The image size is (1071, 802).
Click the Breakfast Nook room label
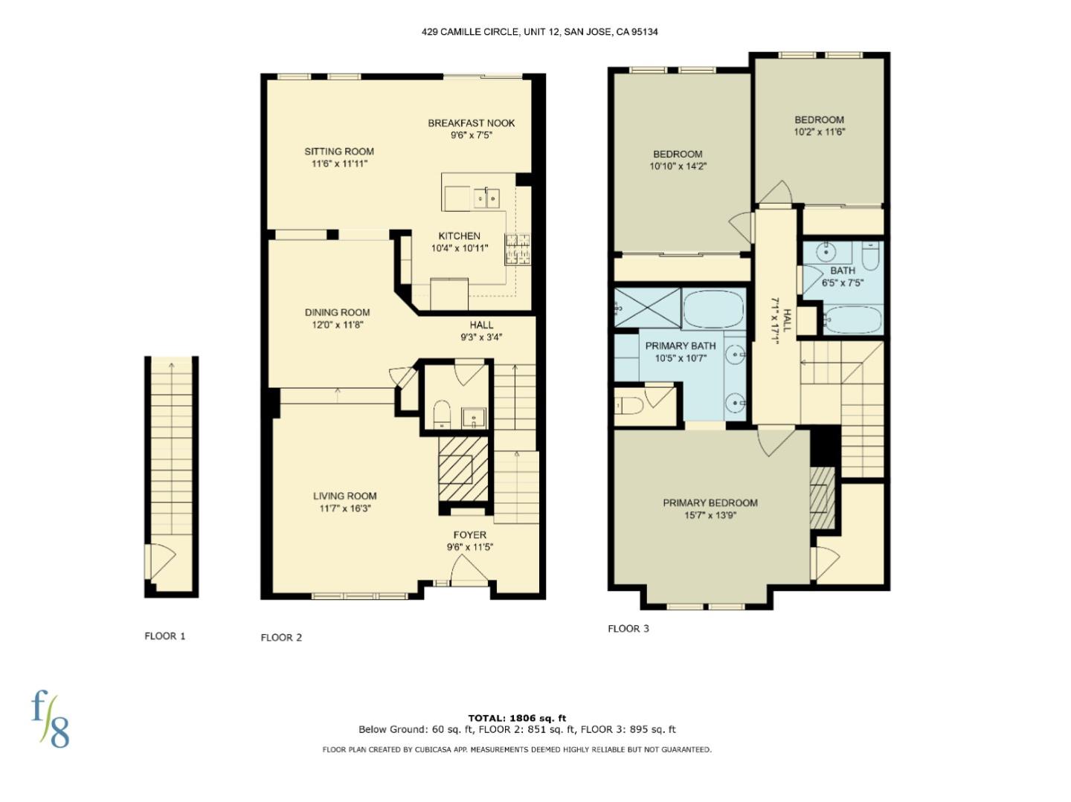click(471, 123)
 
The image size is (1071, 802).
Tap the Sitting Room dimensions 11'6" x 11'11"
click(339, 164)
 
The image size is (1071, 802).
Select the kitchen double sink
click(487, 198)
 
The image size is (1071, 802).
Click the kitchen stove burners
click(518, 249)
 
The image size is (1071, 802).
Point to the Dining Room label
click(337, 313)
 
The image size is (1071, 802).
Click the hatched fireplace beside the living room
click(463, 469)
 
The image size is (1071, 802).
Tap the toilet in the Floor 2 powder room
click(443, 414)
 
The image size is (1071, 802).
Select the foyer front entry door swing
click(469, 573)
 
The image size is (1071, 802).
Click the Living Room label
click(344, 496)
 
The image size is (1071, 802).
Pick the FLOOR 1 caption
click(165, 636)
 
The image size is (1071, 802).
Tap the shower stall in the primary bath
click(647, 307)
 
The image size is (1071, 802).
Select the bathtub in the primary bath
click(713, 308)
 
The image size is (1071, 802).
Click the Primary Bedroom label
click(710, 503)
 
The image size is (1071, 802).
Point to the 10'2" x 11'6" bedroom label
click(819, 126)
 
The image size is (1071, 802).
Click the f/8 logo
click(50, 718)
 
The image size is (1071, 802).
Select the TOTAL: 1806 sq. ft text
click(517, 718)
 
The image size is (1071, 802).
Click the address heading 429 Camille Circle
click(539, 32)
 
